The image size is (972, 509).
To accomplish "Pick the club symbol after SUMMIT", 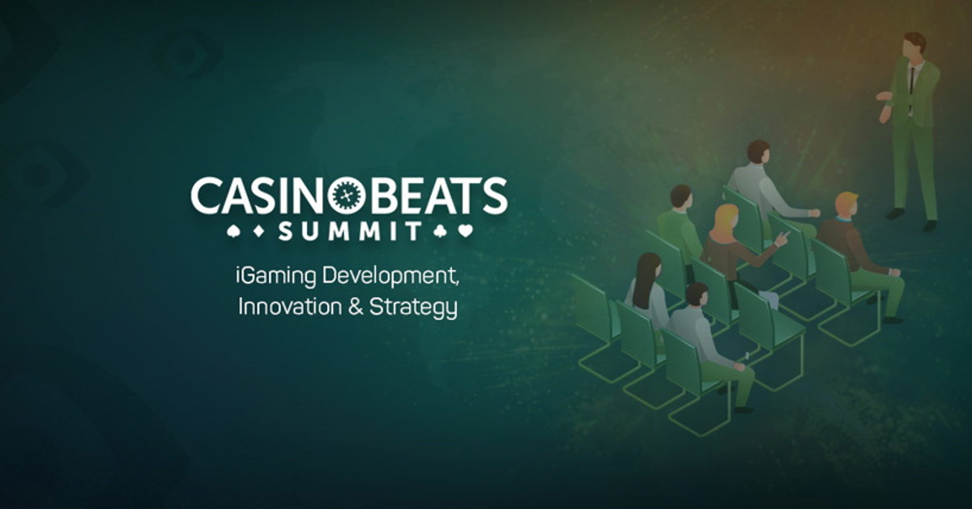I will (442, 231).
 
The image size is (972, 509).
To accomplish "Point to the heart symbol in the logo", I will (464, 231).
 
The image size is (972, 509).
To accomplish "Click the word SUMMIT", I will (350, 232).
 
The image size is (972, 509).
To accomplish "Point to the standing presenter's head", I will (914, 45).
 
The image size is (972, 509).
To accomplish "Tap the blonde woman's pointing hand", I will (782, 237).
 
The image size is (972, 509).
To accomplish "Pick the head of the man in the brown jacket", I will (846, 205).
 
